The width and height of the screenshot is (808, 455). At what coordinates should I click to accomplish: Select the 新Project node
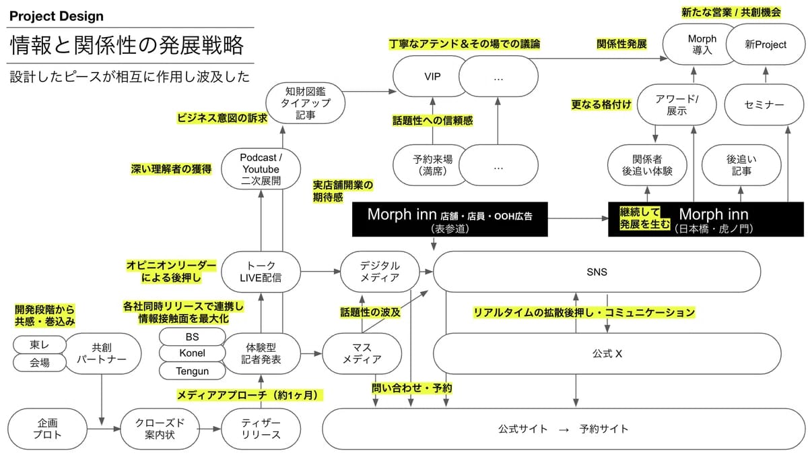(x=766, y=44)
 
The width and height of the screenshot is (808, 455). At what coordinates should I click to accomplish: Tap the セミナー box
(x=764, y=104)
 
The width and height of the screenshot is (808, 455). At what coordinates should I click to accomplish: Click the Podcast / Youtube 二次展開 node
(x=261, y=169)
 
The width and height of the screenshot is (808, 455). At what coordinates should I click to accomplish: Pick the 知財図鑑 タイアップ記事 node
(x=305, y=103)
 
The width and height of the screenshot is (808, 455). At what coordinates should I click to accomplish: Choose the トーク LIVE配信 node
(x=261, y=272)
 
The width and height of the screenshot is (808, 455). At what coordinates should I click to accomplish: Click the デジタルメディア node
(x=380, y=272)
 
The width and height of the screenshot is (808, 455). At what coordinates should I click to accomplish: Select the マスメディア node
(x=362, y=353)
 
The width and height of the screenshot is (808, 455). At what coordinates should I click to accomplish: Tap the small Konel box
(x=193, y=353)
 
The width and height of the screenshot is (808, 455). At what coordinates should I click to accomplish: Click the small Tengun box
(x=193, y=371)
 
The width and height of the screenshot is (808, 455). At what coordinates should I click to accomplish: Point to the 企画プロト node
(x=47, y=429)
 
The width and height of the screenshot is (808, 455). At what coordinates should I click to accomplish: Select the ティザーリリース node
(x=261, y=429)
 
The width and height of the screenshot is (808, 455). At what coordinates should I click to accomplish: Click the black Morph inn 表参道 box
(x=450, y=219)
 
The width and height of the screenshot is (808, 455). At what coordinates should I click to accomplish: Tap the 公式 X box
(x=607, y=353)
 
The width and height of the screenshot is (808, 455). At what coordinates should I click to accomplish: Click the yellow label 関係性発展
(x=621, y=44)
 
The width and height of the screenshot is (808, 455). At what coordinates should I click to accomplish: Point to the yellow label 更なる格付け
(x=601, y=104)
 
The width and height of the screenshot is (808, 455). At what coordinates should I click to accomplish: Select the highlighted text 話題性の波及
(x=370, y=312)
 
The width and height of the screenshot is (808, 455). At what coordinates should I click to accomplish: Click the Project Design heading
(x=57, y=16)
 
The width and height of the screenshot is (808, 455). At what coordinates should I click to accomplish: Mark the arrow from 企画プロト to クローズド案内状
(x=104, y=429)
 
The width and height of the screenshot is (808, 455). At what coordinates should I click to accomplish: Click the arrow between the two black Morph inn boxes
(x=578, y=218)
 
